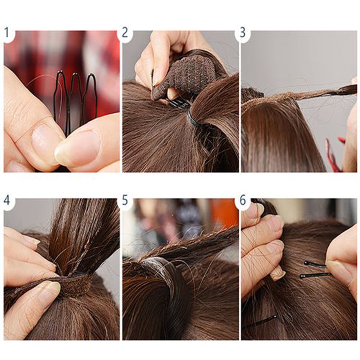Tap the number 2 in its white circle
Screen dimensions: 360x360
click(125, 33)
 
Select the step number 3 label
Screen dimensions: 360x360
click(243, 33)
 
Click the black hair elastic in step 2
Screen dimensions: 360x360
click(192, 119)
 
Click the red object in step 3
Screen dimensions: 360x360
click(331, 155)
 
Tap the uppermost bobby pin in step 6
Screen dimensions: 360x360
click(315, 264)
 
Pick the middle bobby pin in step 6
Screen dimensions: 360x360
click(313, 275)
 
